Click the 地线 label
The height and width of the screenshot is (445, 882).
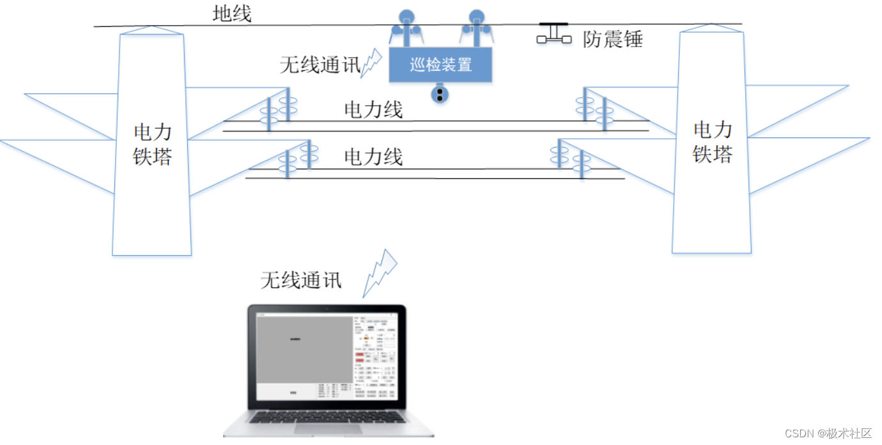232,13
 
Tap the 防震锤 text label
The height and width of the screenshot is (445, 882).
612,40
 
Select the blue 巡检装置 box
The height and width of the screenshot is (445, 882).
440,65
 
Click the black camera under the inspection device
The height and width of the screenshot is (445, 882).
440,95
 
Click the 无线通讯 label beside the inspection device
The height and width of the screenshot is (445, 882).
320,65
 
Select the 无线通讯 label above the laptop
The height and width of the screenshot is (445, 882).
301,280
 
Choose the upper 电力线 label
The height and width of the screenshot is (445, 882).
373,110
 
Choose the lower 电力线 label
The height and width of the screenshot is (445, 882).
373,157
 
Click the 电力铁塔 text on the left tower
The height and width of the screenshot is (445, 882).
152,144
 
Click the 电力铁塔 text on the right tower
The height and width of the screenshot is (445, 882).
712,142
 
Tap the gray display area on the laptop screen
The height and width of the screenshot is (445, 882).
304,349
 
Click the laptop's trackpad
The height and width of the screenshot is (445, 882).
327,428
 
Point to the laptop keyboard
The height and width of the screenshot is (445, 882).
327,416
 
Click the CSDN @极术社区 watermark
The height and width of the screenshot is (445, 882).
827,433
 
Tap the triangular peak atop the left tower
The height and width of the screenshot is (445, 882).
151,29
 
